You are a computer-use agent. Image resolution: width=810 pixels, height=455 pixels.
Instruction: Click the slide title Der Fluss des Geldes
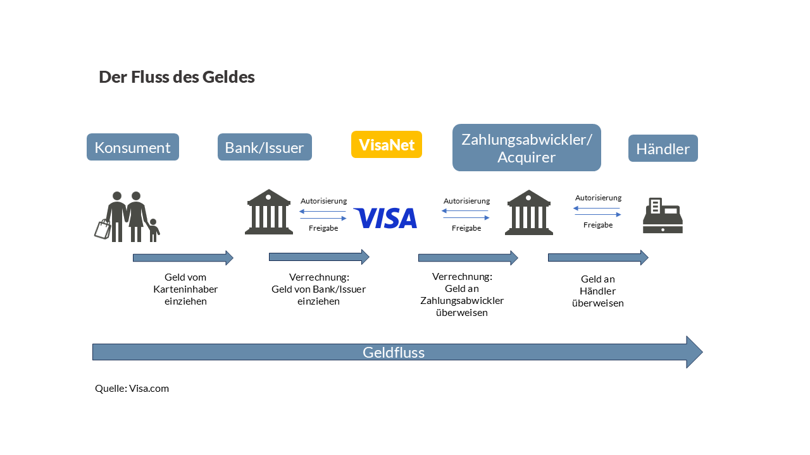[177, 77]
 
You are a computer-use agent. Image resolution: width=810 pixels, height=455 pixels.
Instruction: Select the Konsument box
[133, 147]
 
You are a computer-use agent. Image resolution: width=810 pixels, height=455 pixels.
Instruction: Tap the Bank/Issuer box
[265, 147]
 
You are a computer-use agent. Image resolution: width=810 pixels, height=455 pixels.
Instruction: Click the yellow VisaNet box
[387, 145]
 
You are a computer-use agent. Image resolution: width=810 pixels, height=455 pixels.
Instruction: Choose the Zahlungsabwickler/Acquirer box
[526, 148]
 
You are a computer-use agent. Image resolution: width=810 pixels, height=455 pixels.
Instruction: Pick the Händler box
[663, 149]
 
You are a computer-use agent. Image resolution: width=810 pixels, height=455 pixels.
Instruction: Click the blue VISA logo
[385, 218]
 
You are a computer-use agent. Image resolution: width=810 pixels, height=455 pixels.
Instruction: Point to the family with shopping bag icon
[127, 217]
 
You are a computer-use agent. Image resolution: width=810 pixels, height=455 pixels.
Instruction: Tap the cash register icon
[663, 216]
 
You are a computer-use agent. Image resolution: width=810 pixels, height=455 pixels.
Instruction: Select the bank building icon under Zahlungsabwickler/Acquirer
[529, 212]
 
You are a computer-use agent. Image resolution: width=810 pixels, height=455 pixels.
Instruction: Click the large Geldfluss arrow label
[394, 353]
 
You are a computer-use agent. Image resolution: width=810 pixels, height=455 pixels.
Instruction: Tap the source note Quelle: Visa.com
[132, 388]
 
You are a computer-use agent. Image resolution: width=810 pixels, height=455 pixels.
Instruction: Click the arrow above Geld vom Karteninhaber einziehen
[183, 258]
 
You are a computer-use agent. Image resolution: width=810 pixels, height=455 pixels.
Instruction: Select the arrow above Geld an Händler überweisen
[598, 257]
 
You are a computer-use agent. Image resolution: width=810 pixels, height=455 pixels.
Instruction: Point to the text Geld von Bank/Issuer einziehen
[319, 289]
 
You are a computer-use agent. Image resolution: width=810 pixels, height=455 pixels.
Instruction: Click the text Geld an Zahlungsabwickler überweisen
[462, 294]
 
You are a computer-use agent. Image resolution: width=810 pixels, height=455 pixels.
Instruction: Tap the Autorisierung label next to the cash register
[598, 198]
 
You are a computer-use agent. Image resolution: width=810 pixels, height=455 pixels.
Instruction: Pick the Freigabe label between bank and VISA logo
[323, 228]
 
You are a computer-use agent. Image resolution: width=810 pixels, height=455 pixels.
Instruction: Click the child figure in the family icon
[153, 231]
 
